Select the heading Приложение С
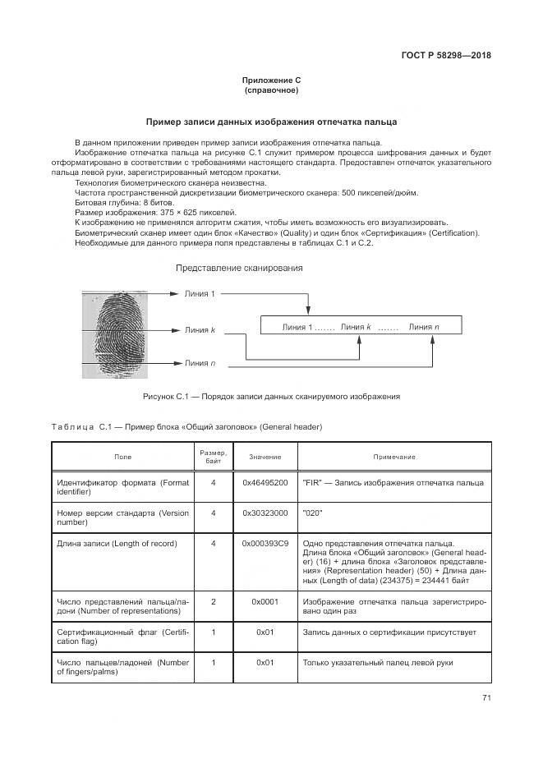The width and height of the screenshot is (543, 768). pyautogui.click(x=271, y=80)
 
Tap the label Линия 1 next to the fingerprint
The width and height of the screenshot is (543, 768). pyautogui.click(x=200, y=294)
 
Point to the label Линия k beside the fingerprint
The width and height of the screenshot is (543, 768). pyautogui.click(x=200, y=330)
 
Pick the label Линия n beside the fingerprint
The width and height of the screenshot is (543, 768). pyautogui.click(x=200, y=363)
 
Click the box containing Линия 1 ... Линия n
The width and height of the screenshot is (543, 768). pyautogui.click(x=360, y=327)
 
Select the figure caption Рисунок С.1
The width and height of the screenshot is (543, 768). pyautogui.click(x=271, y=396)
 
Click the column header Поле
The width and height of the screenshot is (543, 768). pyautogui.click(x=122, y=457)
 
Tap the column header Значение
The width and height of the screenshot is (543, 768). pyautogui.click(x=265, y=457)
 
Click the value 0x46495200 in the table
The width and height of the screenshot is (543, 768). pyautogui.click(x=265, y=482)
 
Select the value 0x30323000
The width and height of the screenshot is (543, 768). pyautogui.click(x=265, y=513)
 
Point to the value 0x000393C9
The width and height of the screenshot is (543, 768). pyautogui.click(x=265, y=543)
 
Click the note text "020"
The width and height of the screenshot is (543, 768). pyautogui.click(x=312, y=513)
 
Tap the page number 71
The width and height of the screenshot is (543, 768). pyautogui.click(x=486, y=698)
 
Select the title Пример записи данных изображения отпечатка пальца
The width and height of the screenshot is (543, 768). pyautogui.click(x=271, y=122)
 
